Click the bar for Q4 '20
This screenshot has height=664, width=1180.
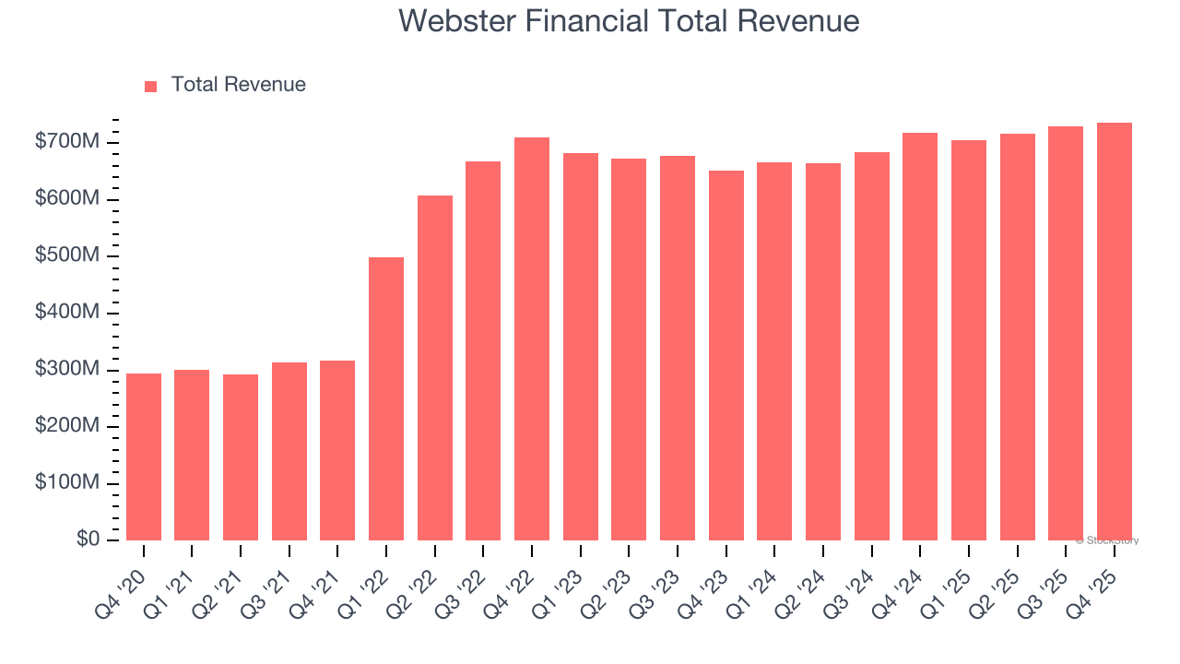pos(144,456)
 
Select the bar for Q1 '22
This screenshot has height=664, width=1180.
pos(386,398)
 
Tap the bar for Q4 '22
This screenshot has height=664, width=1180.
pos(532,338)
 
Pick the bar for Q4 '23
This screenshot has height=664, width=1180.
pos(726,355)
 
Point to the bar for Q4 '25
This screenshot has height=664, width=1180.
pos(1115,331)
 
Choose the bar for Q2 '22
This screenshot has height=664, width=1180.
pos(435,368)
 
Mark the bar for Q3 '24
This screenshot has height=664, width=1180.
pos(872,346)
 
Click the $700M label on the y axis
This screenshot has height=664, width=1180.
pos(67,143)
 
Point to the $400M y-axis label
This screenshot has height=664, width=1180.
pos(67,314)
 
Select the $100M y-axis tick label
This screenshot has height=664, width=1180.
pos(67,484)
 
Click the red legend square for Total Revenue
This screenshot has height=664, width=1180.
pos(151,86)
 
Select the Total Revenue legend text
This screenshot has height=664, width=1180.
pos(238,85)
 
